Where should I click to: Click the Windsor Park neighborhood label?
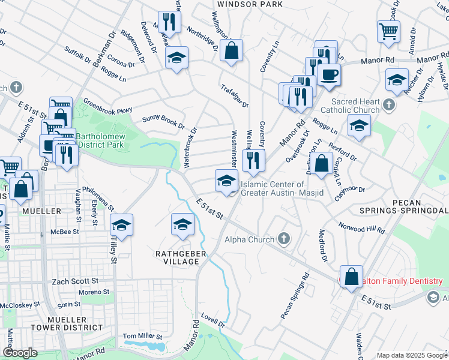(x=241, y=4)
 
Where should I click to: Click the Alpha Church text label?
(x=249, y=239)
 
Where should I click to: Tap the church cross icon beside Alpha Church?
(x=285, y=239)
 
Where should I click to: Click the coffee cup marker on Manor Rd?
(x=328, y=74)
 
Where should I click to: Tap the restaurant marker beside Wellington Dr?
(x=254, y=159)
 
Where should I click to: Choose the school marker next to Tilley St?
(x=122, y=224)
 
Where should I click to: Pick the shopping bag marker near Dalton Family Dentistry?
(x=351, y=276)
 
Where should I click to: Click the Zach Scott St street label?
(x=75, y=281)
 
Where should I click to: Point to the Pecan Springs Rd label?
(x=294, y=296)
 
